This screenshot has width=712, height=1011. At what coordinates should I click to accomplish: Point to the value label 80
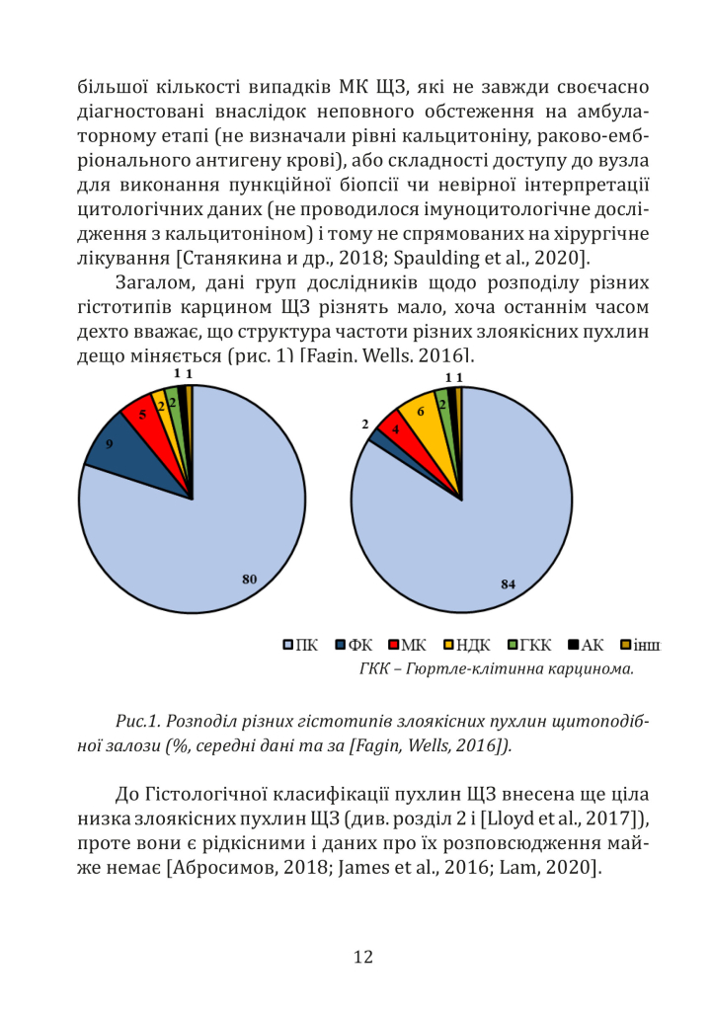[250, 579]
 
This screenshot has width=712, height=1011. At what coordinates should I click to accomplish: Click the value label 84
[508, 583]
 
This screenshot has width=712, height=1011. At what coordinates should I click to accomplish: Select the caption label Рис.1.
[135, 721]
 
